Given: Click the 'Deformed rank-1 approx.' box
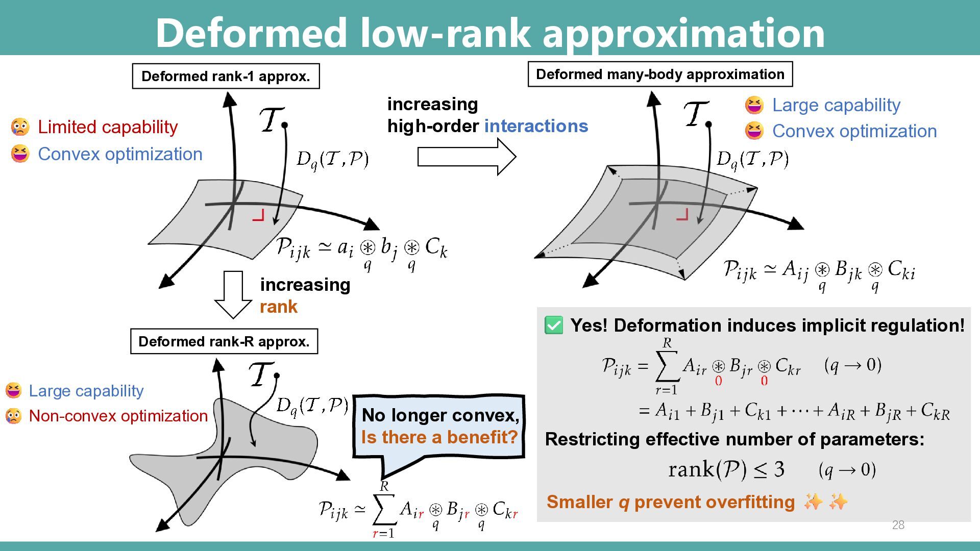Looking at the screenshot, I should pos(226,77).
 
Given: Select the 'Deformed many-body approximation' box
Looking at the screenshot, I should pos(660,74).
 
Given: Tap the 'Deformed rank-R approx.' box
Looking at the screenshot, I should pos(224,341).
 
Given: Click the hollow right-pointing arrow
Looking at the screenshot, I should pos(466,157).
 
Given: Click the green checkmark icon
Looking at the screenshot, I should pos(554,325).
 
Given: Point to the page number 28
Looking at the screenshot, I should pos(898,525).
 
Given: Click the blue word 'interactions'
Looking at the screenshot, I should pos(536,126).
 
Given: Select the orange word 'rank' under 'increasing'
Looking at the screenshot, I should pos(278,307).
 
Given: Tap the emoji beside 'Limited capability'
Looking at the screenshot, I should pos(20,127).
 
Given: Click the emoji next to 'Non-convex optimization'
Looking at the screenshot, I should pos(13,416).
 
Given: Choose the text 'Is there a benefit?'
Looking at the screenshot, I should pos(439,437).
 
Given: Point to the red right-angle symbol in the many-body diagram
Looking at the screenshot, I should pos(682,214).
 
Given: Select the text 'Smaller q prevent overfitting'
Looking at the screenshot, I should pos(670,502).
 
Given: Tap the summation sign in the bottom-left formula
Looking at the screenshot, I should pos(384,509).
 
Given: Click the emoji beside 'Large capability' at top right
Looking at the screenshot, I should pos(754,105).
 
